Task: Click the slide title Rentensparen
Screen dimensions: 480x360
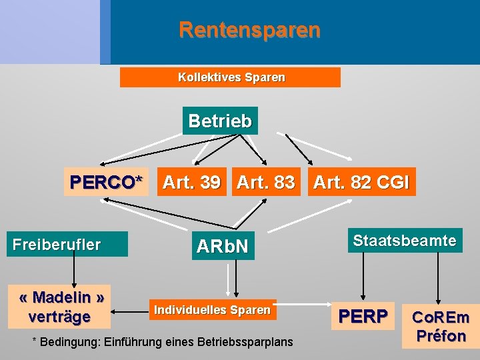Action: pyautogui.click(x=249, y=30)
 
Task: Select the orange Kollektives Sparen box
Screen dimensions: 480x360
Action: pyautogui.click(x=230, y=77)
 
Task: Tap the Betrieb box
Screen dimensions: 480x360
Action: pyautogui.click(x=220, y=121)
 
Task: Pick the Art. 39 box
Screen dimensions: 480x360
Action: pyautogui.click(x=192, y=182)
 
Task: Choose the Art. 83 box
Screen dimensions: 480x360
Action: pyautogui.click(x=265, y=182)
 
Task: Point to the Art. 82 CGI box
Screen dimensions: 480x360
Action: pyautogui.click(x=361, y=182)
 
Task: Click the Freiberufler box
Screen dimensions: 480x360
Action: pyautogui.click(x=57, y=245)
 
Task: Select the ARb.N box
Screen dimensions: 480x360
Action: pyautogui.click(x=222, y=247)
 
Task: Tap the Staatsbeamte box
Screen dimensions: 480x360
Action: pyautogui.click(x=405, y=240)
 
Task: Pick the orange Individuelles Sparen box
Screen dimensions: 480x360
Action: pyautogui.click(x=212, y=310)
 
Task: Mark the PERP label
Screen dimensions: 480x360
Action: pyautogui.click(x=363, y=315)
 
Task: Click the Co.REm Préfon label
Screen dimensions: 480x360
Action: pyautogui.click(x=439, y=327)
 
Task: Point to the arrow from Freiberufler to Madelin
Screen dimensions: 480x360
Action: pyautogui.click(x=73, y=270)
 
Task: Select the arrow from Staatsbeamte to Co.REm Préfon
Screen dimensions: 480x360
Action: pyautogui.click(x=438, y=277)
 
